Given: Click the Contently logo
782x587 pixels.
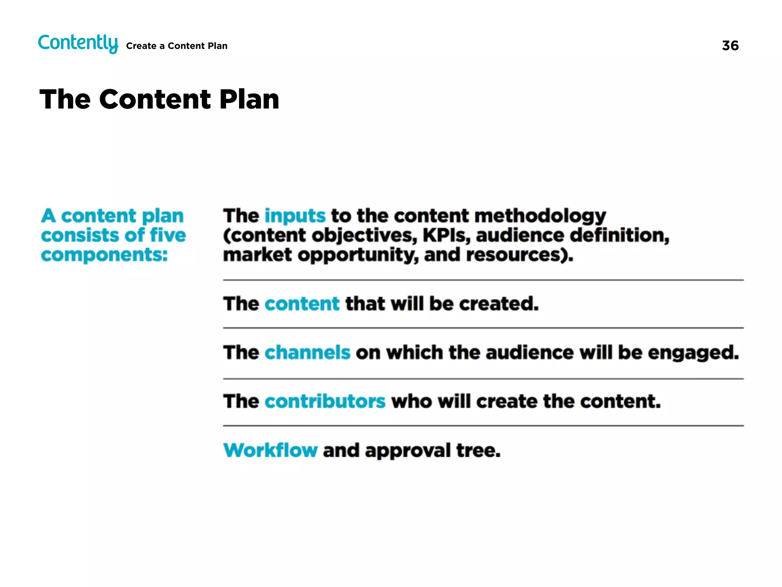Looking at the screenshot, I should pyautogui.click(x=78, y=43).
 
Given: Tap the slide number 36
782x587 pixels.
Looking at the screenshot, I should pyautogui.click(x=730, y=46).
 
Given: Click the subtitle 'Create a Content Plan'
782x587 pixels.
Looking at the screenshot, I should pyautogui.click(x=176, y=46).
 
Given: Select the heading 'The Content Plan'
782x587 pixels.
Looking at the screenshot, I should pyautogui.click(x=159, y=99).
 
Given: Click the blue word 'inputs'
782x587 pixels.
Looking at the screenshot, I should pyautogui.click(x=295, y=216).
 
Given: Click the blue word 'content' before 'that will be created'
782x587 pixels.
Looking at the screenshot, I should pyautogui.click(x=302, y=304).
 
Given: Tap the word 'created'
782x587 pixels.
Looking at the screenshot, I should pyautogui.click(x=498, y=304).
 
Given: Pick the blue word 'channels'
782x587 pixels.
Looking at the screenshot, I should pyautogui.click(x=307, y=352).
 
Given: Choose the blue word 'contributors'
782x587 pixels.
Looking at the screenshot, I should pyautogui.click(x=325, y=401).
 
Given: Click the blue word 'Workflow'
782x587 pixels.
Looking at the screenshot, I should pyautogui.click(x=270, y=450).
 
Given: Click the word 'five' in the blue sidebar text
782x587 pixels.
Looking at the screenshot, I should pyautogui.click(x=168, y=235).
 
